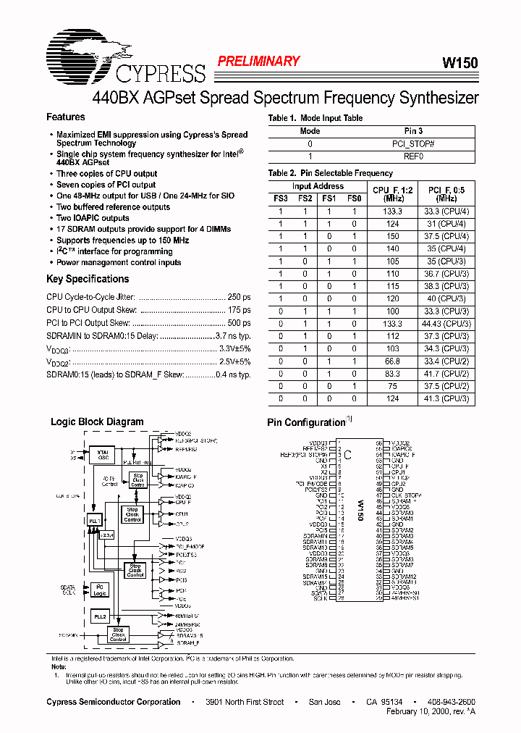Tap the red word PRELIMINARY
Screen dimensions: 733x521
(258, 62)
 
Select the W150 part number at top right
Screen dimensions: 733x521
(459, 63)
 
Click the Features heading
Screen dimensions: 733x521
(65, 117)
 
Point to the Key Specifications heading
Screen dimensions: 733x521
(88, 279)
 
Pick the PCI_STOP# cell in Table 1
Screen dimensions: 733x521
(413, 144)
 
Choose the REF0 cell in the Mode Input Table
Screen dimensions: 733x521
(413, 156)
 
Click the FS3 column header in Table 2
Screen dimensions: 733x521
(281, 198)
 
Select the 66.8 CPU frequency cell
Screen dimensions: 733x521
(392, 361)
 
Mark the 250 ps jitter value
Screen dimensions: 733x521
(238, 298)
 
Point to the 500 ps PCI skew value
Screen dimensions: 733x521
(238, 323)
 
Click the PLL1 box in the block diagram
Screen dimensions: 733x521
(93, 521)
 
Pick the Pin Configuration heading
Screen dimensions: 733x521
(305, 422)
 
